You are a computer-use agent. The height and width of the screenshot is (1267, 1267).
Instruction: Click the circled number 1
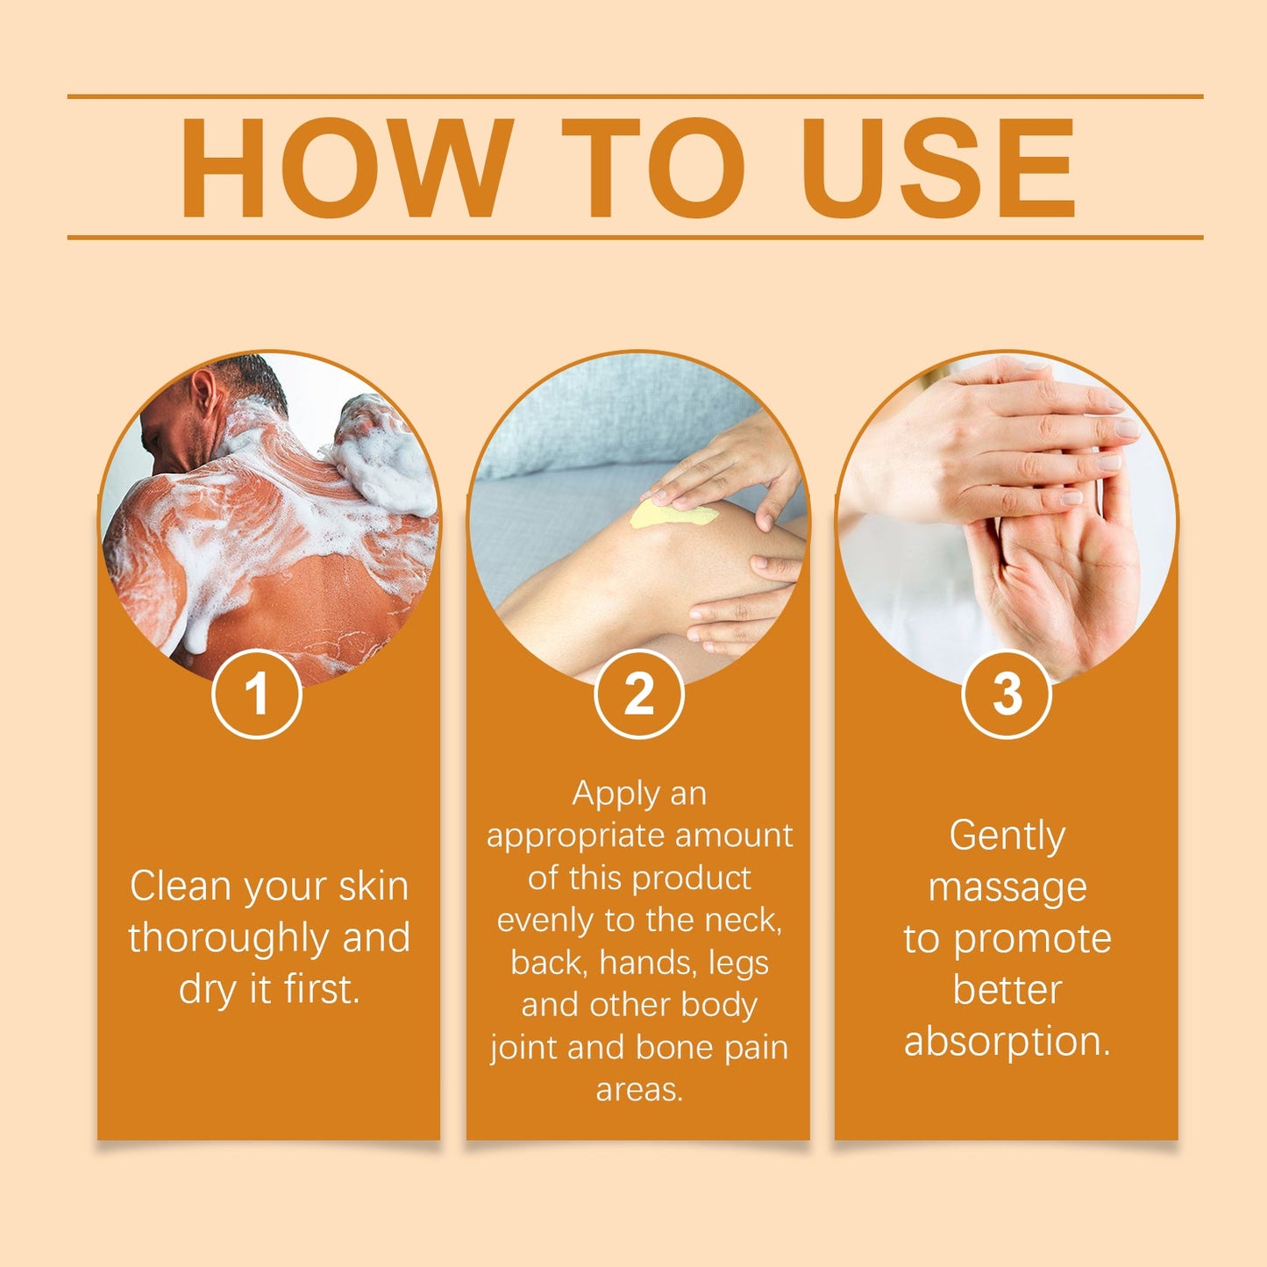pyautogui.click(x=257, y=694)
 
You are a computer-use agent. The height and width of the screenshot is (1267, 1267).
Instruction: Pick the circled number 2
pyautogui.click(x=638, y=694)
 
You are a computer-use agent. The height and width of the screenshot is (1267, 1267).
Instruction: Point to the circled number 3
pyautogui.click(x=1007, y=694)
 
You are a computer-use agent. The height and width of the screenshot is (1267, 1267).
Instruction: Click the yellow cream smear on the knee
pyautogui.click(x=671, y=516)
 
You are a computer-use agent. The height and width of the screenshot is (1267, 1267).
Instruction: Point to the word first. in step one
pyautogui.click(x=322, y=990)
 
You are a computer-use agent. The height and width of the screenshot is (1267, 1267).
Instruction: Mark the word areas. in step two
pyautogui.click(x=639, y=1090)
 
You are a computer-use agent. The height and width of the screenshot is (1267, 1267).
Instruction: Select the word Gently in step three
pyautogui.click(x=1007, y=836)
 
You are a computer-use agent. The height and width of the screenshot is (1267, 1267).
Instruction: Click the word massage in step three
pyautogui.click(x=1007, y=888)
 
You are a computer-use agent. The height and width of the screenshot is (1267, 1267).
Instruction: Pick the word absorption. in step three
pyautogui.click(x=1007, y=1042)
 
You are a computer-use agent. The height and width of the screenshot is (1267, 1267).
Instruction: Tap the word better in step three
pyautogui.click(x=1007, y=990)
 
